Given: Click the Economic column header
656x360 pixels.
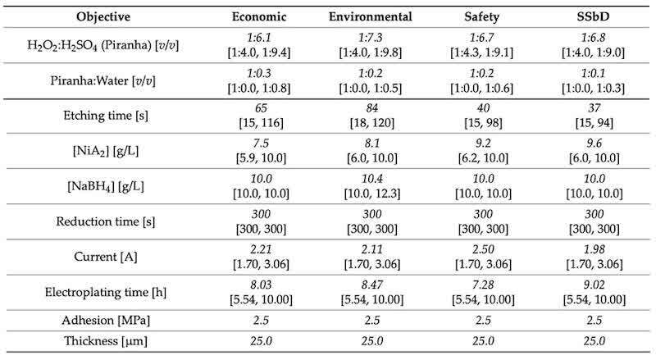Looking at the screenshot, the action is [x=259, y=16].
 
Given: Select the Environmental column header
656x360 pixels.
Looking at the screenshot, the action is [x=371, y=16].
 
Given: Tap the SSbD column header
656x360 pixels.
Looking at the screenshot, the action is [x=593, y=16].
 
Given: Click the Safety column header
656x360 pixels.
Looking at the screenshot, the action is [x=481, y=17].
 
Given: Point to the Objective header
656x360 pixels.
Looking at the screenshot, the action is [x=103, y=17].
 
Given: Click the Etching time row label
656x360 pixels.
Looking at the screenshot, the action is [x=106, y=116].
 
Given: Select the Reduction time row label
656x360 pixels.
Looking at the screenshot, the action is [x=106, y=221].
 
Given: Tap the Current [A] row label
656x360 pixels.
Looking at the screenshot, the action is [x=106, y=257].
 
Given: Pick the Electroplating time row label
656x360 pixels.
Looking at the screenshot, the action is [x=106, y=292].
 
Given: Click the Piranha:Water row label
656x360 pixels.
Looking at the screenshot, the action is [x=103, y=80].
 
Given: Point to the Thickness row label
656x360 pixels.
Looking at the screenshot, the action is [x=106, y=341].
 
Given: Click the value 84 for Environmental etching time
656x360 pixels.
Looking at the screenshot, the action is [x=371, y=108].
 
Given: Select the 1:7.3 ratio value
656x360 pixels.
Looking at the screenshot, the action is [x=371, y=38].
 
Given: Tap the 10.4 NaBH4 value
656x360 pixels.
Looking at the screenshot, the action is [x=371, y=179].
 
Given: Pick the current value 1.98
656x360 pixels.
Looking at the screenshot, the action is [x=594, y=249].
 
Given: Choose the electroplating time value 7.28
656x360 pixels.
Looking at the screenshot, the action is [x=483, y=285].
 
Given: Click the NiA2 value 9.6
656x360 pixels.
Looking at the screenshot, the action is [x=594, y=144].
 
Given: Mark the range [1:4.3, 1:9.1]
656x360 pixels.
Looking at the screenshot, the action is [x=481, y=52].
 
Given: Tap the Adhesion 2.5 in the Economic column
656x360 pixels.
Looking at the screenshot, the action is [x=261, y=321].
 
